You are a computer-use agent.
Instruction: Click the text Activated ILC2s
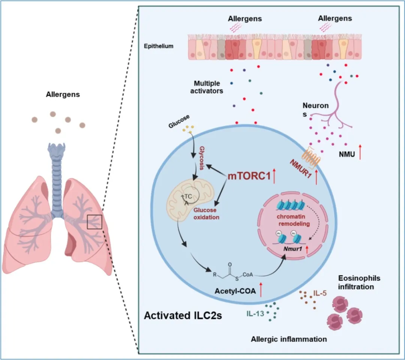point(183,315)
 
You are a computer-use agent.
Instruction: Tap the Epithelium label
point(159,46)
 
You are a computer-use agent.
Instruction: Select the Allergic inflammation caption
point(288,339)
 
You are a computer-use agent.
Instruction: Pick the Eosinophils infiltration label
point(359,282)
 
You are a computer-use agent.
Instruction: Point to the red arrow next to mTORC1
point(274,175)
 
